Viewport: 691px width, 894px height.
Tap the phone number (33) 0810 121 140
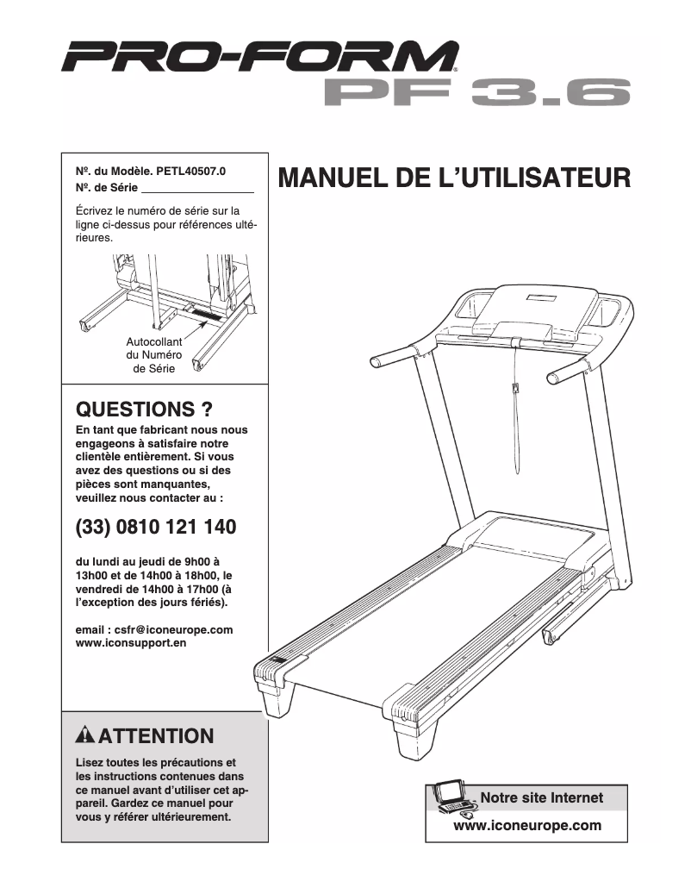point(156,526)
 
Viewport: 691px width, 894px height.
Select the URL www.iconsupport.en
point(131,643)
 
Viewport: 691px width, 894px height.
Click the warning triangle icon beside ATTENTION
point(85,736)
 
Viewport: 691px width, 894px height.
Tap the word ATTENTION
point(155,736)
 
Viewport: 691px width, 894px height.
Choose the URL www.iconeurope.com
point(526,825)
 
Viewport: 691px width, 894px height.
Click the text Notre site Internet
point(541,797)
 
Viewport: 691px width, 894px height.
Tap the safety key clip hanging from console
point(515,391)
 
